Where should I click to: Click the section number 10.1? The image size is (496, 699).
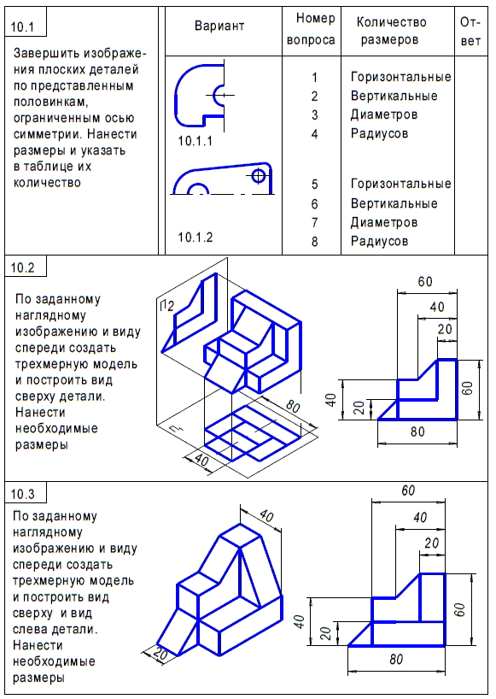21,27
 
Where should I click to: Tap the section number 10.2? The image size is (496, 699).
22,268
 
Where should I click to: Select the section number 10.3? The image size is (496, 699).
22,494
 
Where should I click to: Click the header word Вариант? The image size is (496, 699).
219,26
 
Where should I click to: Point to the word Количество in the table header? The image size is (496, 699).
391,22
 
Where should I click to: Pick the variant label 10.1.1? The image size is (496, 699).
195,139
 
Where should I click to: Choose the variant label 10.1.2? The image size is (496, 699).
195,237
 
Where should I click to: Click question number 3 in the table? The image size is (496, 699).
314,115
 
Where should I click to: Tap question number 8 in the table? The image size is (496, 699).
314,242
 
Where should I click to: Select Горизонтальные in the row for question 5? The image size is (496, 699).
400,184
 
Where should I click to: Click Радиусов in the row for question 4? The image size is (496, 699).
379,133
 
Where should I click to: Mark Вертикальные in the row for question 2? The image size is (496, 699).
394,96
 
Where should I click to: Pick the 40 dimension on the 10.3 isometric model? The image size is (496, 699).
266,517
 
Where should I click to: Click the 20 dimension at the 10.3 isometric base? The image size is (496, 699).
160,653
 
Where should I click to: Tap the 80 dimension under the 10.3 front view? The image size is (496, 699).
395,659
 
